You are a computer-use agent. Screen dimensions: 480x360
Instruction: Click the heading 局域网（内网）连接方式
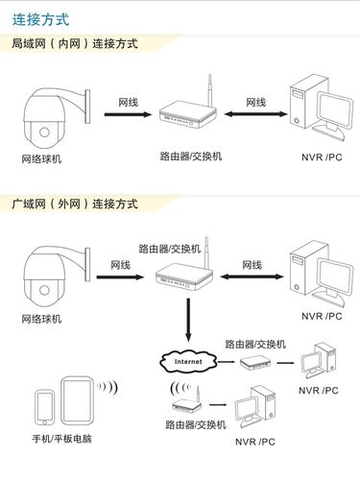point(74,44)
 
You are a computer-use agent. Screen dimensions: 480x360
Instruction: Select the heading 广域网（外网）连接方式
point(74,204)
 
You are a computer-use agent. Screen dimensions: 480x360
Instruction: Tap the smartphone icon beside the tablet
point(44,408)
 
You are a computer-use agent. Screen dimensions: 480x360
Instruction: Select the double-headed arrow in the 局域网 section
point(253,115)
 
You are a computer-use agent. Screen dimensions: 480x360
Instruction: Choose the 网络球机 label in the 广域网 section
point(42,318)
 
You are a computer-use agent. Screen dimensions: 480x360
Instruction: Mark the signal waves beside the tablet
point(108,388)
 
